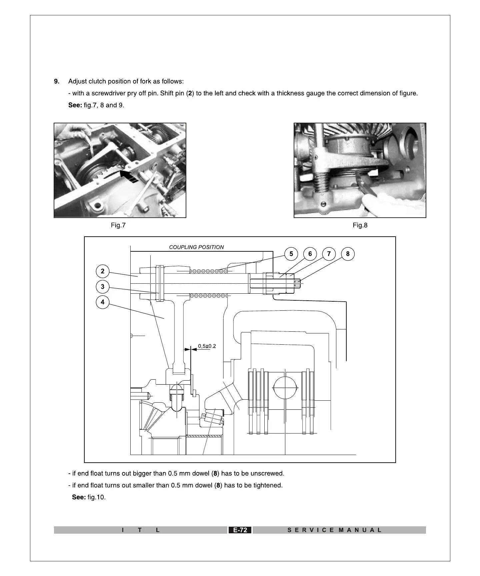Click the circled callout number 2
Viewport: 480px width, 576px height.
(103, 271)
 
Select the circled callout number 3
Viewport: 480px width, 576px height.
(103, 287)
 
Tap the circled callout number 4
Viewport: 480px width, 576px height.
(103, 302)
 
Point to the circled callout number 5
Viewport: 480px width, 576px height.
(291, 254)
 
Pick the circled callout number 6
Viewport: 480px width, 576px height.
(310, 254)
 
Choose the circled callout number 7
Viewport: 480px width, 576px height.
(329, 254)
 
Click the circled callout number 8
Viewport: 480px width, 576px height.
(348, 254)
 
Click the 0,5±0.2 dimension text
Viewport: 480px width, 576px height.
(207, 346)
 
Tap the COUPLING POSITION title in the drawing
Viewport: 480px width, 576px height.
(196, 247)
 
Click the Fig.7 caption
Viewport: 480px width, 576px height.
(118, 225)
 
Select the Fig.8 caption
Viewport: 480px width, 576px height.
(360, 225)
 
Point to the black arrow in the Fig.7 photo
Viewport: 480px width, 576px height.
(129, 176)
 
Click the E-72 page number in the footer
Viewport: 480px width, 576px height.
(240, 530)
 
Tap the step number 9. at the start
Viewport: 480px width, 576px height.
(57, 81)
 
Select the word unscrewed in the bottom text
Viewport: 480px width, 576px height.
(267, 473)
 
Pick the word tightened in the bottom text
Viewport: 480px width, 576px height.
(266, 485)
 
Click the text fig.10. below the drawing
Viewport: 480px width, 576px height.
(96, 497)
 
